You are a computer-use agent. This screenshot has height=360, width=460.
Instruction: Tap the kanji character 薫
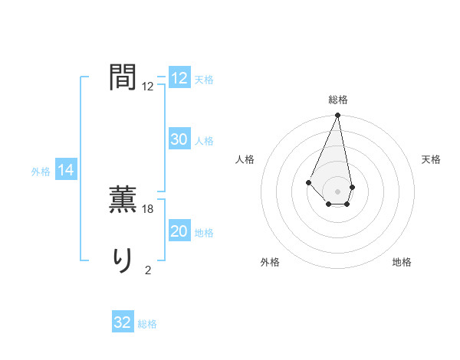[123, 201]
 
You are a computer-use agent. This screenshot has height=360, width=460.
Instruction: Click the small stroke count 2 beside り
[148, 270]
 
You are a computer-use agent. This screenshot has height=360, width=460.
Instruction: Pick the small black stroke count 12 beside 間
[148, 87]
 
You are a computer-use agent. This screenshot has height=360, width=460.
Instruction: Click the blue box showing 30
[179, 139]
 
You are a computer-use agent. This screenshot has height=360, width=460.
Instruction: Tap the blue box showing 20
[179, 231]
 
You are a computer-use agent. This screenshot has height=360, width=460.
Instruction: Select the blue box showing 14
[66, 171]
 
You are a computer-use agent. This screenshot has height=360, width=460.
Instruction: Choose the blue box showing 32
[123, 322]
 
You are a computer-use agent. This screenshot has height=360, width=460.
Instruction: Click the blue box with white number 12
[179, 78]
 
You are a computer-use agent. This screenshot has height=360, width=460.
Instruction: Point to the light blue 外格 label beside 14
[41, 172]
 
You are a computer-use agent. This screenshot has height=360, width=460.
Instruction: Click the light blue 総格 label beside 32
[147, 324]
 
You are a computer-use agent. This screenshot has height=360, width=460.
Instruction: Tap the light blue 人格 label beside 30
[204, 141]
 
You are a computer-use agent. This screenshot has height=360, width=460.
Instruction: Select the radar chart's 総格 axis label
[338, 100]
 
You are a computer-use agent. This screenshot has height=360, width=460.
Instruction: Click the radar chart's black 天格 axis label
[431, 159]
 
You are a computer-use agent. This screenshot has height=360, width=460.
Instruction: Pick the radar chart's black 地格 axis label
[402, 263]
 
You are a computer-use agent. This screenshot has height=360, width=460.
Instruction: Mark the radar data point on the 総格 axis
[338, 116]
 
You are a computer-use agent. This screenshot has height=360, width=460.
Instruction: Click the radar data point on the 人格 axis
[308, 182]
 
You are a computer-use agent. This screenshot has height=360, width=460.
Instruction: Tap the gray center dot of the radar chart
[338, 191]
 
